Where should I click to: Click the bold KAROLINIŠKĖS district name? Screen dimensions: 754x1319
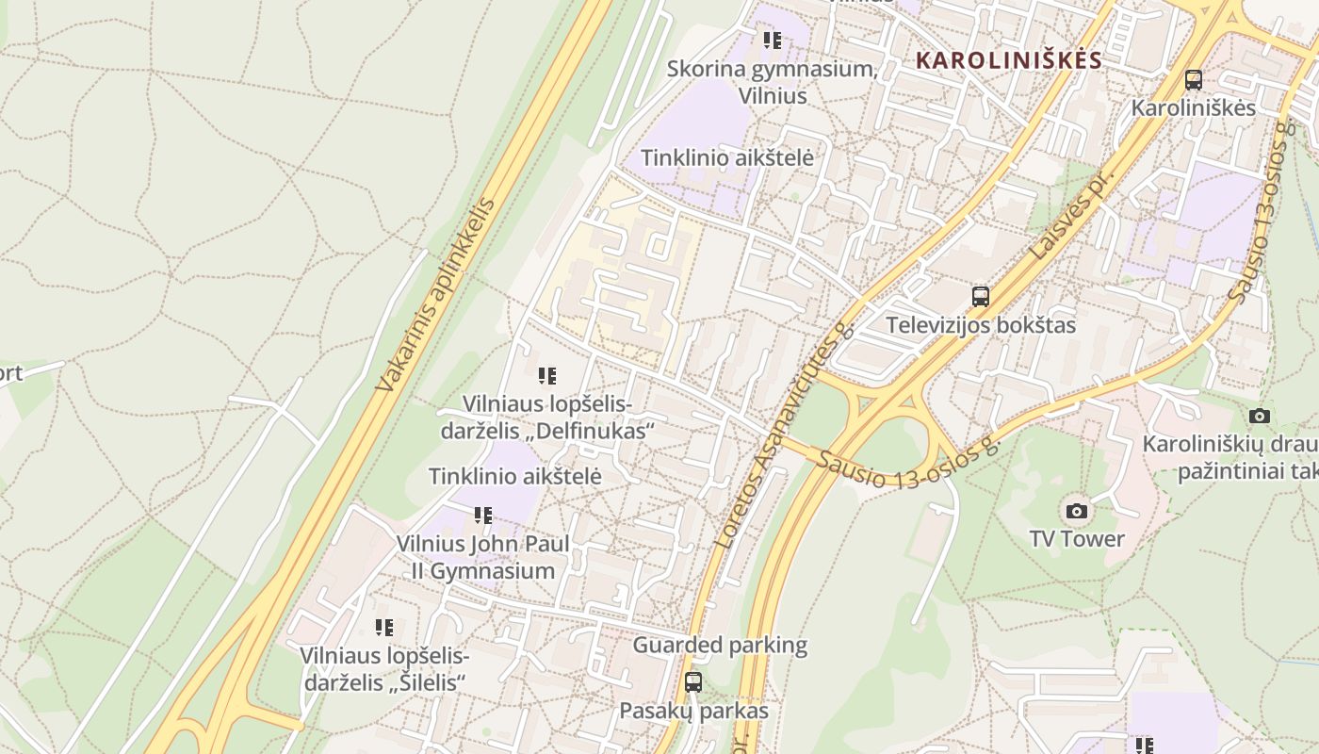pyautogui.click(x=1008, y=60)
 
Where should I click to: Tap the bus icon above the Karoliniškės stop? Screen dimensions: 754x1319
pyautogui.click(x=1194, y=80)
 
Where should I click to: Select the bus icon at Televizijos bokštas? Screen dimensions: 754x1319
pyautogui.click(x=981, y=297)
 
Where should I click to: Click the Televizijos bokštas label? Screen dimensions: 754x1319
pyautogui.click(x=980, y=325)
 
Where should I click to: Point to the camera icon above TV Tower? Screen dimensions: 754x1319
pyautogui.click(x=1077, y=512)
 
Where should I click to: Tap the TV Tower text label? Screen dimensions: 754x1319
pyautogui.click(x=1077, y=539)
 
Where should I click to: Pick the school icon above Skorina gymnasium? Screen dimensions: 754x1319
pyautogui.click(x=773, y=41)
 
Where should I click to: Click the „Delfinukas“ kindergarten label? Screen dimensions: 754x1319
pyautogui.click(x=547, y=418)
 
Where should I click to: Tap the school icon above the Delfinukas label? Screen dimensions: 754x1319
pyautogui.click(x=547, y=377)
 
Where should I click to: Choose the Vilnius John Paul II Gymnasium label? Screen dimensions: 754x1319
pyautogui.click(x=483, y=557)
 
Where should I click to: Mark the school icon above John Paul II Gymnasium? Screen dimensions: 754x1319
pyautogui.click(x=483, y=516)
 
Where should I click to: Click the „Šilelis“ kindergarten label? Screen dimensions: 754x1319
pyautogui.click(x=383, y=668)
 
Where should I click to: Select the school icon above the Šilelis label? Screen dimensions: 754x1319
pyautogui.click(x=383, y=627)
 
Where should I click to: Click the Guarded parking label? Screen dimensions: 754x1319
pyautogui.click(x=720, y=646)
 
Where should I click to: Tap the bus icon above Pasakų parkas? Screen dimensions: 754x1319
pyautogui.click(x=693, y=682)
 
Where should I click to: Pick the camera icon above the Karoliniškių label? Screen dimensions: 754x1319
pyautogui.click(x=1259, y=416)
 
